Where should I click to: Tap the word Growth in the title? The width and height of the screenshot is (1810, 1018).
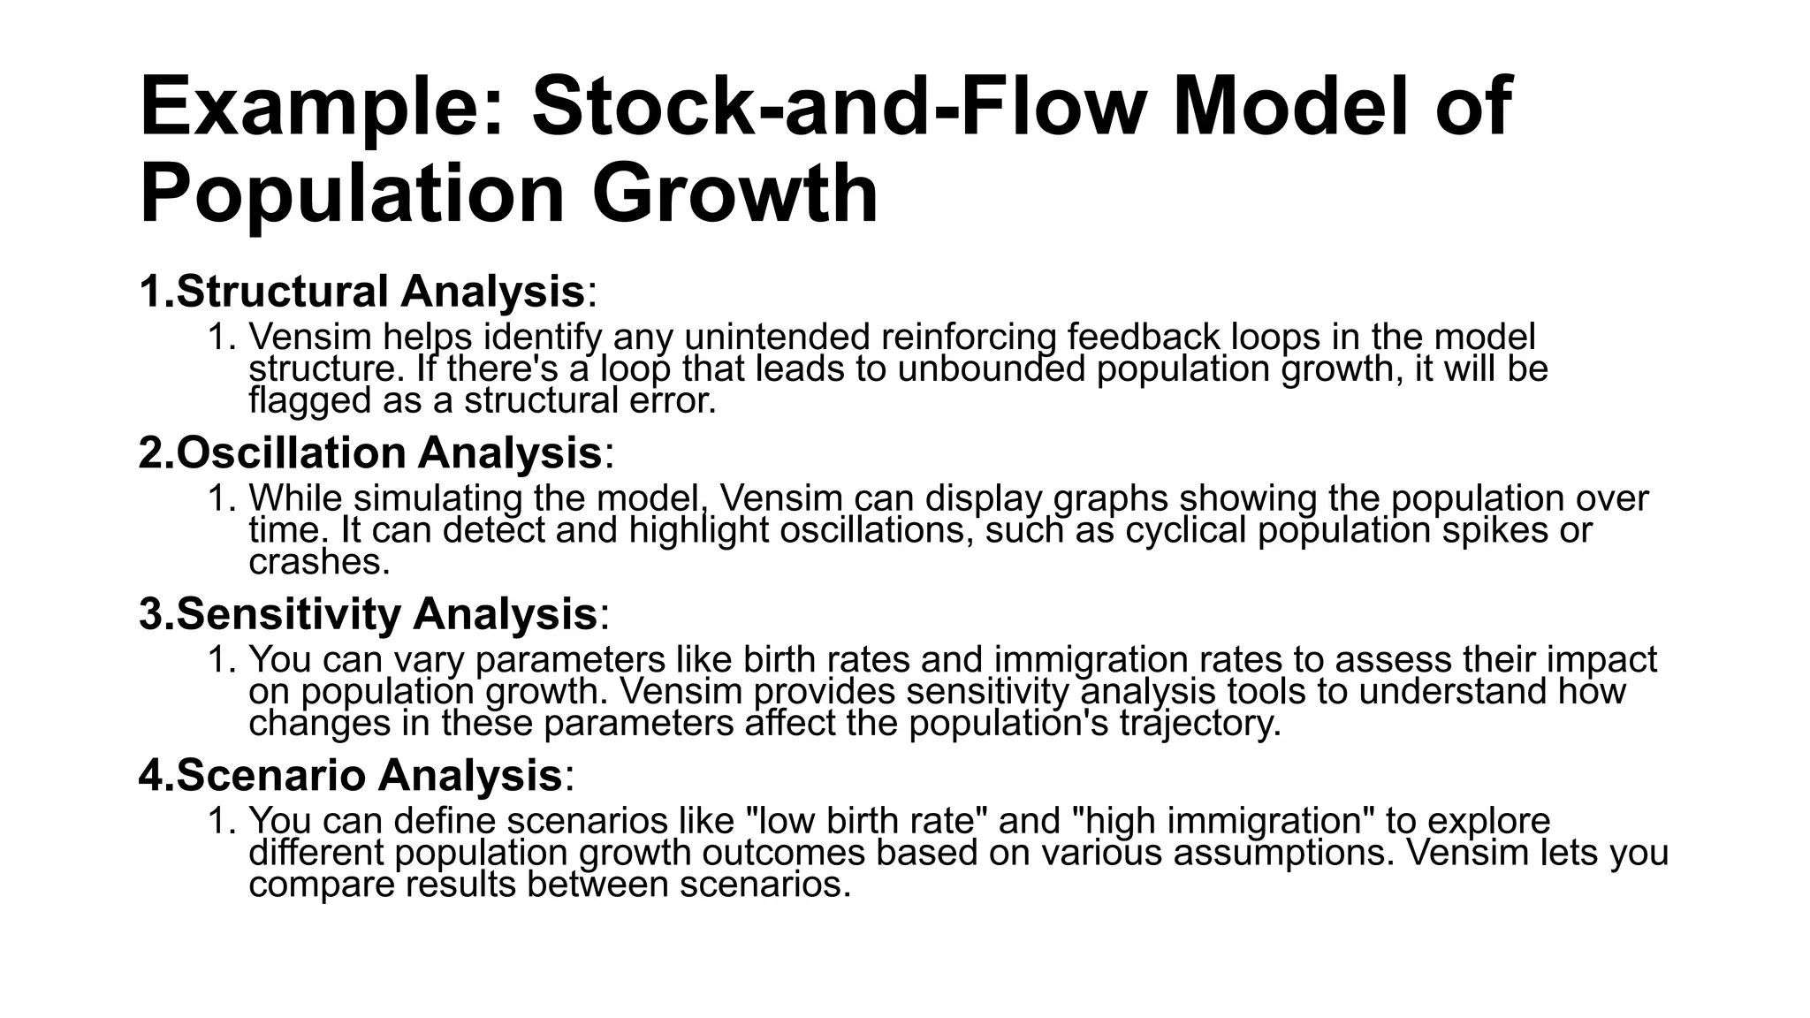coord(734,194)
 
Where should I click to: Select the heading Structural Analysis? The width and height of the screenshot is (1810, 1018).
coord(380,291)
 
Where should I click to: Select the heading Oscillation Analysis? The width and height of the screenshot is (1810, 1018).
coord(389,452)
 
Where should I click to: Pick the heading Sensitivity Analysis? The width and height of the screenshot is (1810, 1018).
coord(386,613)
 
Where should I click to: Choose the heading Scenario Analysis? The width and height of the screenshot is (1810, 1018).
coord(369,775)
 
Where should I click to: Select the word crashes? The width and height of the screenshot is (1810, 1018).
coord(318,562)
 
